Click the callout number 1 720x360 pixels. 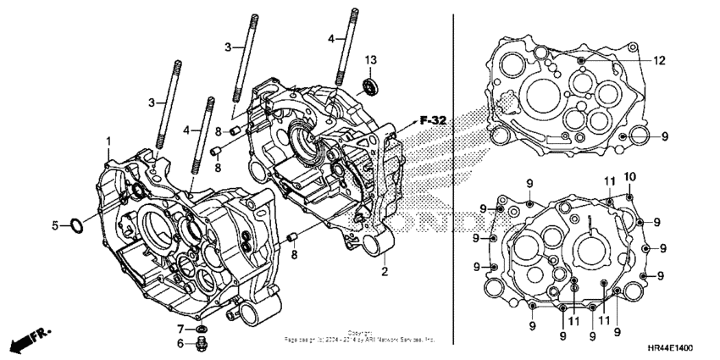point(108,140)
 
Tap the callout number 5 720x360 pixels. point(54,225)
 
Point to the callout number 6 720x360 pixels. point(180,343)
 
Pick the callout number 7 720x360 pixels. point(180,328)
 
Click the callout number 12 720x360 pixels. point(659,60)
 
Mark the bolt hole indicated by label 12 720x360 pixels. point(582,60)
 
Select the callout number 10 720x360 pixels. point(629,176)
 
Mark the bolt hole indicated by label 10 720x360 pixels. point(634,197)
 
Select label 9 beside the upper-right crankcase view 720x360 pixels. point(664,136)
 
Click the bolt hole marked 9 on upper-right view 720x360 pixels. point(623,136)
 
